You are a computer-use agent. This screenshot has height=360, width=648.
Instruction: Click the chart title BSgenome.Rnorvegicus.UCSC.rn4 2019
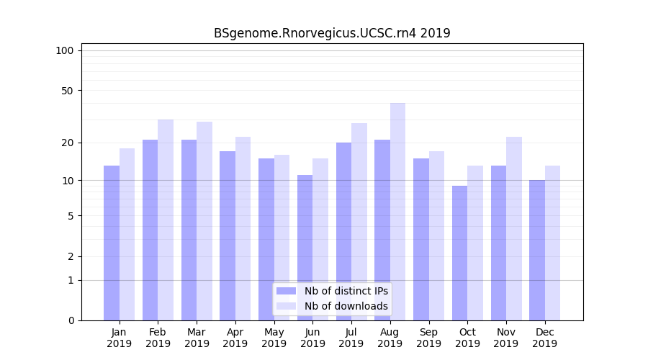332,33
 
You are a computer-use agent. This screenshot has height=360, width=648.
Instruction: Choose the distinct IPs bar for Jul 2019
343,231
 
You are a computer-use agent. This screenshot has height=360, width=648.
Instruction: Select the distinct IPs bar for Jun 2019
305,248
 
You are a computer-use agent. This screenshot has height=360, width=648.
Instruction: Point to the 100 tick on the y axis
65,50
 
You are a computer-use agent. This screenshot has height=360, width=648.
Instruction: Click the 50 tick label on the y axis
67,91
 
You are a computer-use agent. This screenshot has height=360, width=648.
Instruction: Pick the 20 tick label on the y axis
67,143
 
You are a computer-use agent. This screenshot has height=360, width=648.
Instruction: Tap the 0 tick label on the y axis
71,320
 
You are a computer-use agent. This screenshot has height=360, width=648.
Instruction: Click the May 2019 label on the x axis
274,338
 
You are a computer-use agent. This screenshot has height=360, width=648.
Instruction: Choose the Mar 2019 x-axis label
197,338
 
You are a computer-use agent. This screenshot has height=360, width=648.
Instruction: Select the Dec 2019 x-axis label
544,338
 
